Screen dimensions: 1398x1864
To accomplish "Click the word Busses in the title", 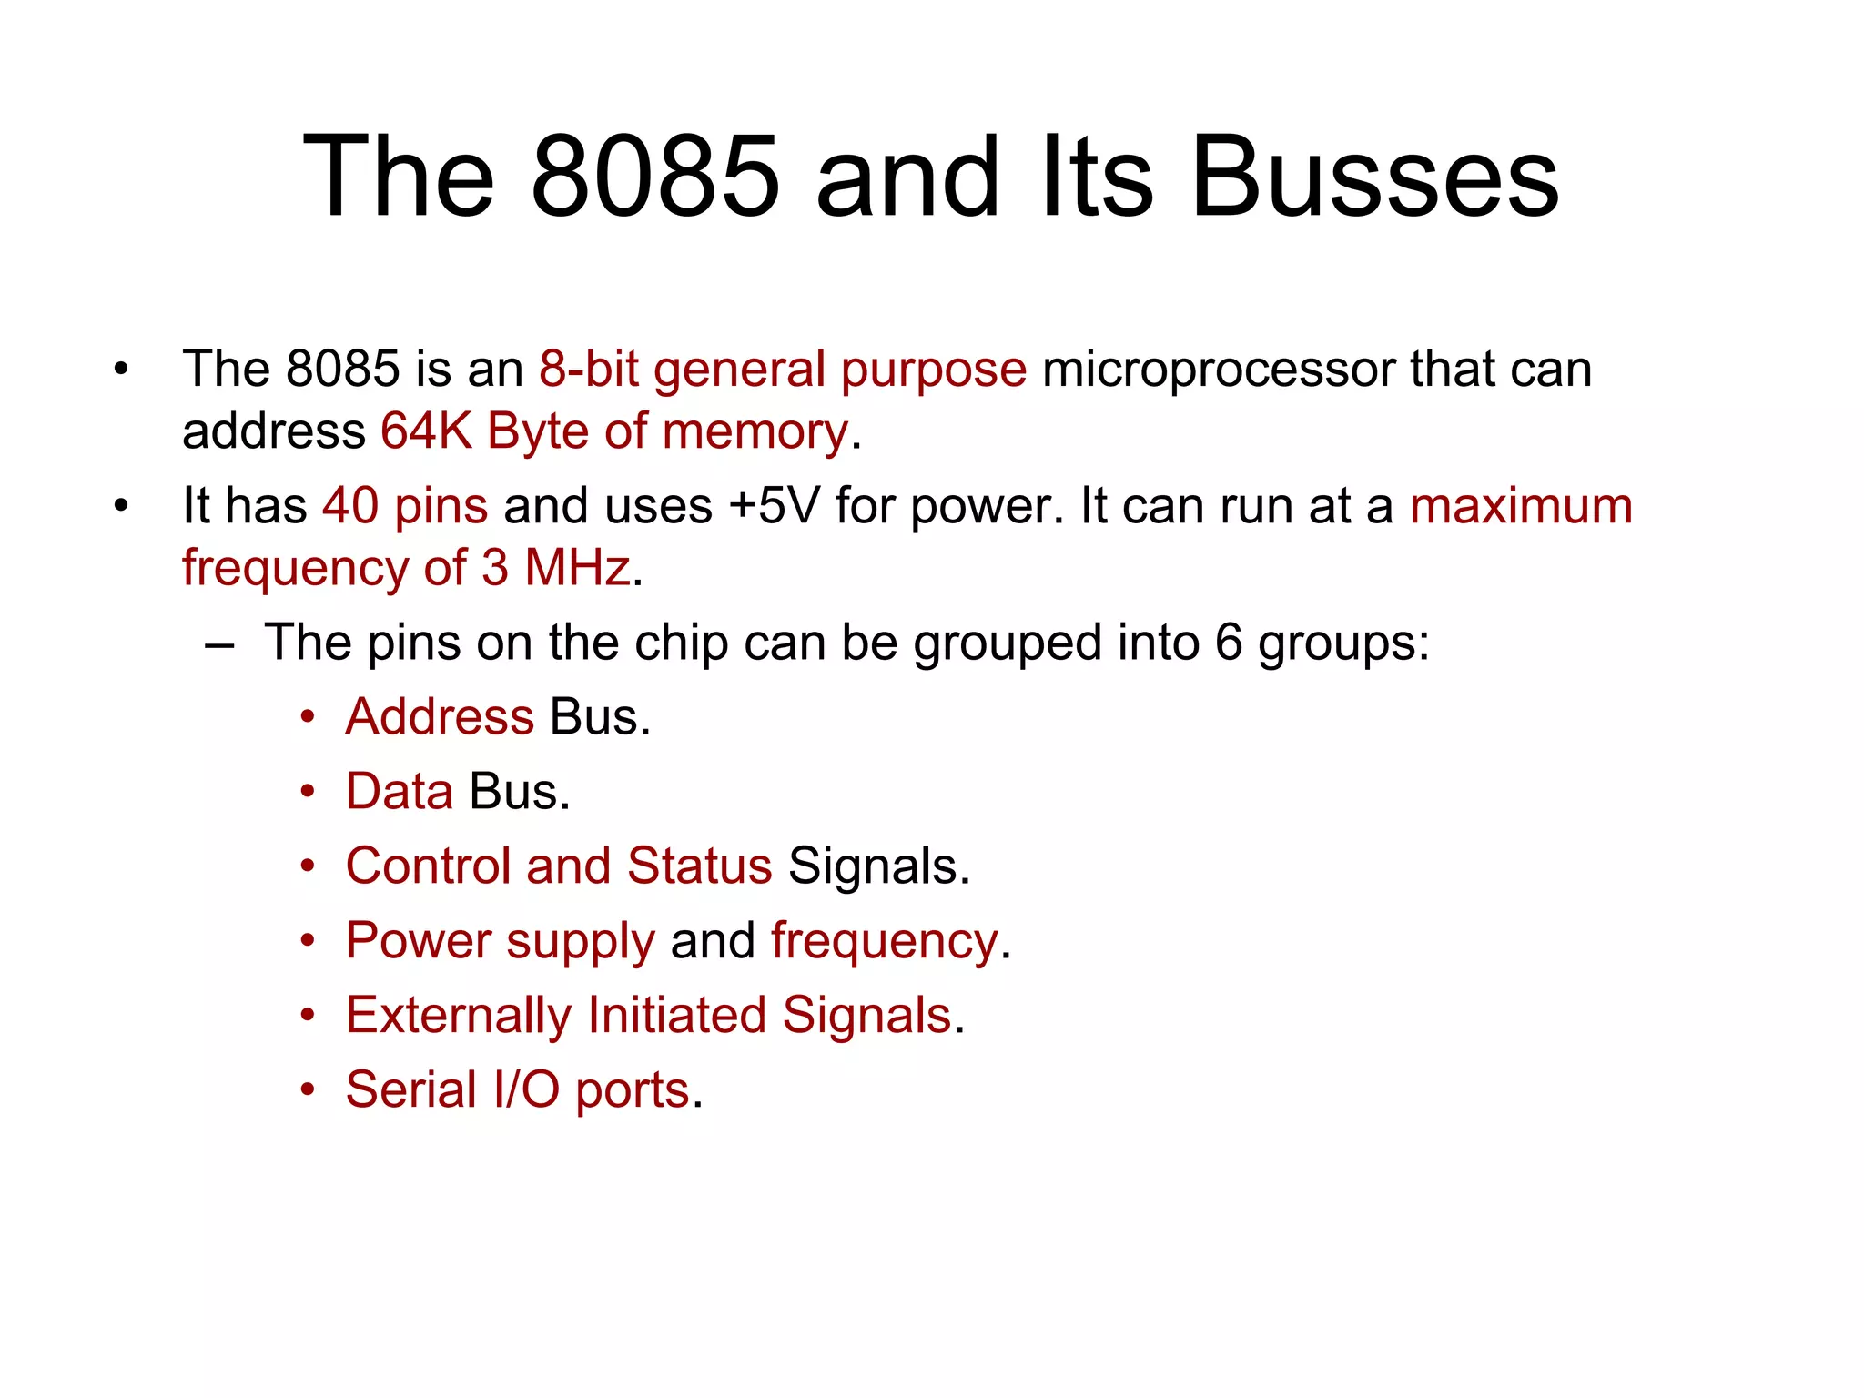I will coord(1374,177).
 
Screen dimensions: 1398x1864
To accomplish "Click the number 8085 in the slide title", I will coord(654,177).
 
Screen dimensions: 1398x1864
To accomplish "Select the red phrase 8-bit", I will coord(588,370).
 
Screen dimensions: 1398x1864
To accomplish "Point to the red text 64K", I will coord(426,431).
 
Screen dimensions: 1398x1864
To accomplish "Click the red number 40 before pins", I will coord(350,506).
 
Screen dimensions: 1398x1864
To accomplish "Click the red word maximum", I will coord(1521,506).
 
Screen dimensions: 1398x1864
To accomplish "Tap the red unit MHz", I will coord(577,568).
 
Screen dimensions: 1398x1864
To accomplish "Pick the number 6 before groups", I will coord(1229,643).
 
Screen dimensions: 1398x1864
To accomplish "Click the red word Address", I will coord(440,717).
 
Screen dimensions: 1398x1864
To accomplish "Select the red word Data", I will coord(399,792).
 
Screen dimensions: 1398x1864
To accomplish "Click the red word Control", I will coord(428,866).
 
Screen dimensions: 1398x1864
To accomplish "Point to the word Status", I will coord(699,866).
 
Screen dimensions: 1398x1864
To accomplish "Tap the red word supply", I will coord(580,942).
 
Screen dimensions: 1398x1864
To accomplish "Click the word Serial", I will coord(411,1089).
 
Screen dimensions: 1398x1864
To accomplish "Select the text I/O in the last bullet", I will coord(526,1089).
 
